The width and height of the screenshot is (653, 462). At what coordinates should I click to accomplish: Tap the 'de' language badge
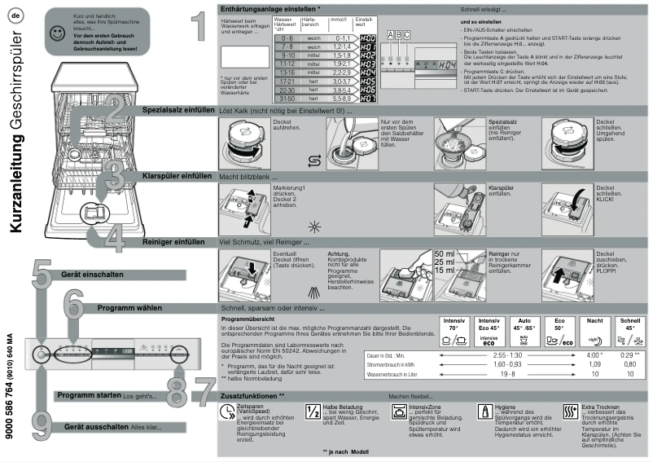(x=16, y=15)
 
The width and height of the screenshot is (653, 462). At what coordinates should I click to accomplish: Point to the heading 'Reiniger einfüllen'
(x=173, y=242)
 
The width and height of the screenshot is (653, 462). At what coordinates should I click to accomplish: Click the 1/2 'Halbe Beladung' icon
(x=313, y=411)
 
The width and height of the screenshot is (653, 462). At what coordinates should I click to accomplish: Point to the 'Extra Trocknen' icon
(x=572, y=411)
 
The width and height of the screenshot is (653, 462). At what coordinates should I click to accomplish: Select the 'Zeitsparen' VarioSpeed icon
(x=226, y=411)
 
